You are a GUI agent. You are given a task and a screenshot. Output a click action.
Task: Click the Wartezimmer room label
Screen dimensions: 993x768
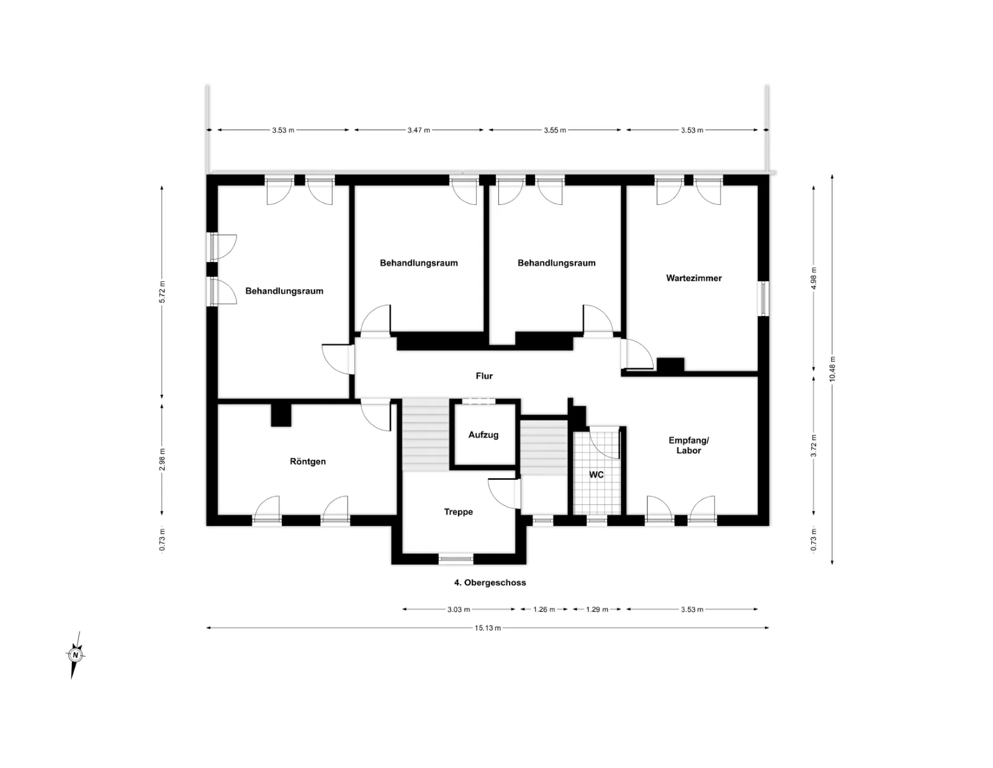(x=694, y=278)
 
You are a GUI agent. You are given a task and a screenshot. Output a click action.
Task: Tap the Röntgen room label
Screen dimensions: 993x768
(x=308, y=461)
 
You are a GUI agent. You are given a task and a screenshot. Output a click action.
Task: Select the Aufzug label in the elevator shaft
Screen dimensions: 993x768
(x=483, y=435)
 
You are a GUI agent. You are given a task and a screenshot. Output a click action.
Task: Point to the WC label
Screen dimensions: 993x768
(x=596, y=474)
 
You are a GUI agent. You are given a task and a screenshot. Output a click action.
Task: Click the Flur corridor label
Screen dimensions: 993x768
(x=484, y=376)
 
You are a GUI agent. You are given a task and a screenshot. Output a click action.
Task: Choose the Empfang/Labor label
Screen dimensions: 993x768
(x=689, y=445)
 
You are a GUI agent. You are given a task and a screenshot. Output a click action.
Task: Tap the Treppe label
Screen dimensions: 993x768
(x=459, y=512)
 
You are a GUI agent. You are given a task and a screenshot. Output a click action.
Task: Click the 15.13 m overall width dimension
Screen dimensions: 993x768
(x=488, y=628)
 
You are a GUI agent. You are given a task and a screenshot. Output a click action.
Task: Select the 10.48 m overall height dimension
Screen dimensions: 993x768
(x=832, y=369)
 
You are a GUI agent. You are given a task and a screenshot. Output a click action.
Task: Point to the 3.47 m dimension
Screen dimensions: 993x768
(x=419, y=130)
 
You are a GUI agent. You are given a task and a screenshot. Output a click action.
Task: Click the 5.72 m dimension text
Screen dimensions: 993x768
(x=162, y=292)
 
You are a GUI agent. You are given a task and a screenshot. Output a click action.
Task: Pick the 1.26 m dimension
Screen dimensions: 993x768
(x=544, y=610)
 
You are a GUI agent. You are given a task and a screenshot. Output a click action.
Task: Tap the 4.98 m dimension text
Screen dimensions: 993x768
(x=814, y=278)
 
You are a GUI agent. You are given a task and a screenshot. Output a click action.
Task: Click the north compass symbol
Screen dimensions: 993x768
(x=75, y=655)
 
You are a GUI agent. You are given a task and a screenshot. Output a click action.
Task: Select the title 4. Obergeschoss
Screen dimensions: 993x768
(x=490, y=583)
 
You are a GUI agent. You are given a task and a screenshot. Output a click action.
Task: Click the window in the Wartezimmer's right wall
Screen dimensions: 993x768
(x=763, y=299)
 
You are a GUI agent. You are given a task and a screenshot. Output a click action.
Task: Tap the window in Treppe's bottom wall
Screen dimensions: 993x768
(x=456, y=558)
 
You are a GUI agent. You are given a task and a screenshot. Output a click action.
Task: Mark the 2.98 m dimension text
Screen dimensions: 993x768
(x=162, y=459)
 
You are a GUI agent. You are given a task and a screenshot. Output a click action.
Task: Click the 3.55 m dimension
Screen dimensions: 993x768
(x=555, y=130)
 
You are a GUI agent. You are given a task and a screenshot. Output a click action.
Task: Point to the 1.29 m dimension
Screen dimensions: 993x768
(x=597, y=610)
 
